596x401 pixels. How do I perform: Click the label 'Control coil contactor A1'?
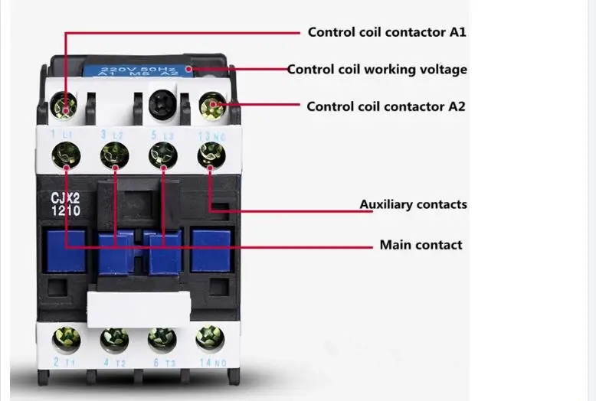point(386,32)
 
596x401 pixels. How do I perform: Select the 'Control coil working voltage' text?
point(377,70)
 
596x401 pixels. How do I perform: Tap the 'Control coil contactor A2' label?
point(386,107)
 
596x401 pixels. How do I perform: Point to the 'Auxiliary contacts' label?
point(413,205)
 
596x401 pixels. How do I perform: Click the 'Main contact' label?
point(421,246)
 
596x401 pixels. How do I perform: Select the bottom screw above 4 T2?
point(114,338)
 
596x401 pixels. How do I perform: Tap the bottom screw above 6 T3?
point(162,338)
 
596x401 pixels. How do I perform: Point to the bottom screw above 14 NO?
point(209,337)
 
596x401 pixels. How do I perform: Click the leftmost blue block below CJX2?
point(65,250)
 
